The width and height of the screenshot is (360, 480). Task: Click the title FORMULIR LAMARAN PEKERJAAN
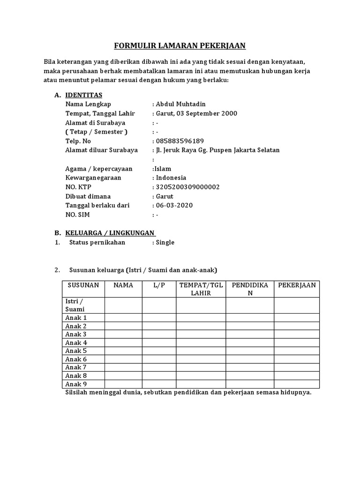[x=180, y=45]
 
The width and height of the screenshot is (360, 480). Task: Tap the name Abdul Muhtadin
[x=182, y=104]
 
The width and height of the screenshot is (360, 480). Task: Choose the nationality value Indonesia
[x=171, y=178]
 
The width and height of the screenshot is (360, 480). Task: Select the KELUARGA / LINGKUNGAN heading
[x=111, y=233]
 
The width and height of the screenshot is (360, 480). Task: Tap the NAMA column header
[x=123, y=285]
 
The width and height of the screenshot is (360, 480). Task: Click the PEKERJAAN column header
[x=297, y=285]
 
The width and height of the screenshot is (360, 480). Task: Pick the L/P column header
[x=159, y=285]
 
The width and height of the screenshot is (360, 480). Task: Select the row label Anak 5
[x=76, y=351]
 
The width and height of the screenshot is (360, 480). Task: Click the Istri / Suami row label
[x=75, y=305]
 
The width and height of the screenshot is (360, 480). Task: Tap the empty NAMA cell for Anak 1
[x=123, y=317]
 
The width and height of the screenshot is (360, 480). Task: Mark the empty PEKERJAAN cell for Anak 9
[x=297, y=384]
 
